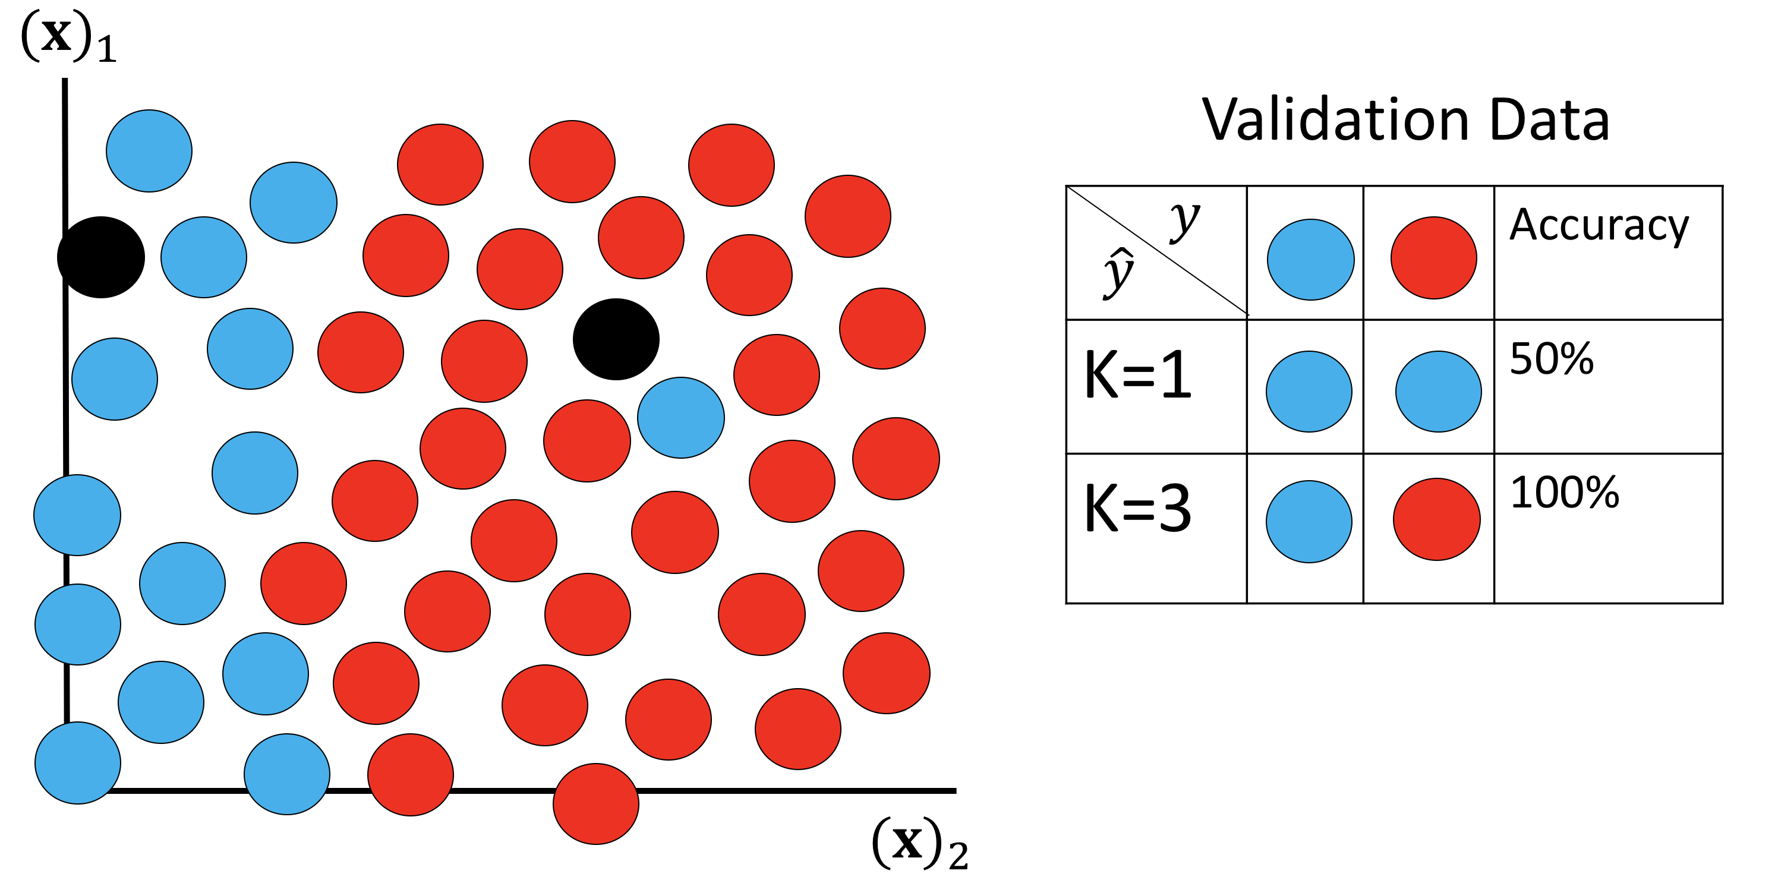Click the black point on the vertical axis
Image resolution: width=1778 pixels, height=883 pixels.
tap(101, 257)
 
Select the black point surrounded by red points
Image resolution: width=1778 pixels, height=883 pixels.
tap(616, 339)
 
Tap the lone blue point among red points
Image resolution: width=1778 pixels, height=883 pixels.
tap(680, 418)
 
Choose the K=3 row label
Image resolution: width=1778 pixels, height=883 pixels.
tap(1137, 509)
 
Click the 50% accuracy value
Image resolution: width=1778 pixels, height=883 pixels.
tap(1552, 359)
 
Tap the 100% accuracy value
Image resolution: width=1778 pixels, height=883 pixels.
tap(1564, 493)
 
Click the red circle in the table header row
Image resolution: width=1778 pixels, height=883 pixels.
tap(1433, 258)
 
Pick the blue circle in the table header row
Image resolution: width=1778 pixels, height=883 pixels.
tap(1310, 260)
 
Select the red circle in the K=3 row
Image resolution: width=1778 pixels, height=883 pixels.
tap(1436, 519)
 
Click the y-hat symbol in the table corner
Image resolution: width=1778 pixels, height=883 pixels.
tap(1119, 273)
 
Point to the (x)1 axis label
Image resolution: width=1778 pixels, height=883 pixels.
tap(68, 37)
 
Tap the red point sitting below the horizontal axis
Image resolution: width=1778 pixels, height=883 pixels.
tap(595, 803)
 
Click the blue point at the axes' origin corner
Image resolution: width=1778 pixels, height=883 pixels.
tap(77, 763)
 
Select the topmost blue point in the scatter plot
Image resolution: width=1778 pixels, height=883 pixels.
tap(149, 150)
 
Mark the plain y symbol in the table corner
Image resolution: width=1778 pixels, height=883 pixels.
tap(1184, 221)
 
